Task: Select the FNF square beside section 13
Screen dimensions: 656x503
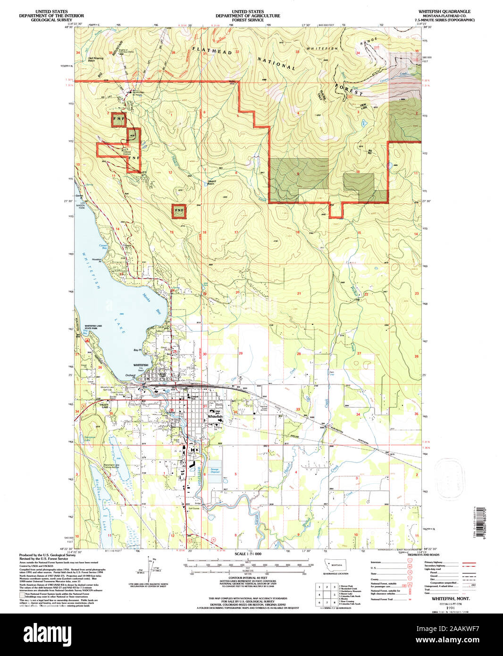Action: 179,210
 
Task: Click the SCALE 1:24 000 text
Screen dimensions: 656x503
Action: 247,554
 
